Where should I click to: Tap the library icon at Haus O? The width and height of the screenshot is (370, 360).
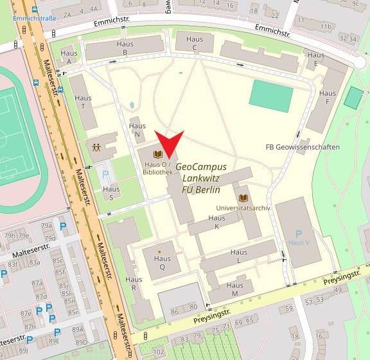pos(157,154)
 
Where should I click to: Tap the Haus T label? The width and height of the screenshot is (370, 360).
pos(85,103)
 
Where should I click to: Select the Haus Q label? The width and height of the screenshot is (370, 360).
pos(162,262)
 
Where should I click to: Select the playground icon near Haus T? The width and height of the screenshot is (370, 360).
pos(96,147)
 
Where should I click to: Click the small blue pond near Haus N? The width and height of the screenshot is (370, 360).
pos(132,104)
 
